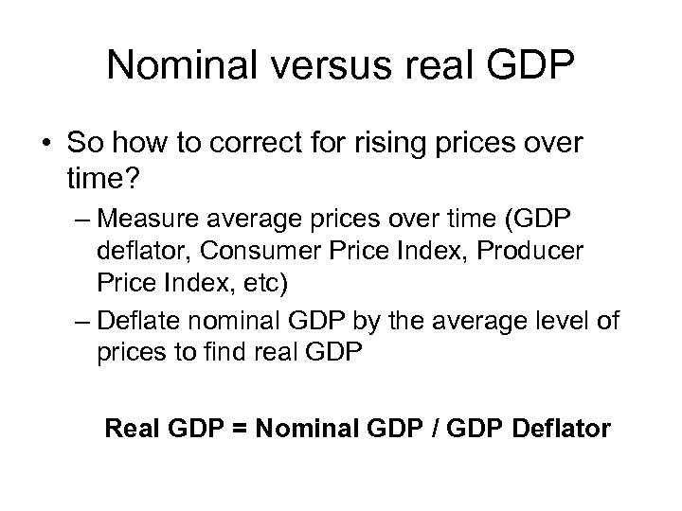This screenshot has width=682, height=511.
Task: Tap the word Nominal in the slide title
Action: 176,65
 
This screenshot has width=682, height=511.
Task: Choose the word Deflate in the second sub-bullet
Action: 138,322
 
